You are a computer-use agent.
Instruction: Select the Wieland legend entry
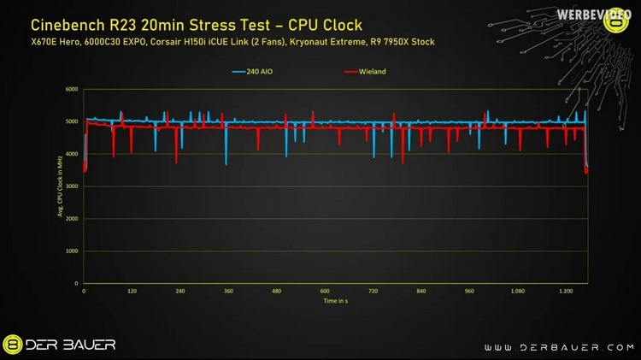(x=367, y=72)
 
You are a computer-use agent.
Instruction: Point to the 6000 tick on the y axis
(x=72, y=89)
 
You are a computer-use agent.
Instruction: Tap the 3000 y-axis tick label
(x=72, y=186)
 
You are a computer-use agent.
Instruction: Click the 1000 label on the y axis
(x=72, y=251)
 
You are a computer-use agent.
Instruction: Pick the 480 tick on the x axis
(x=276, y=292)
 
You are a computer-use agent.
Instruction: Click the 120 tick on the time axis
(x=132, y=292)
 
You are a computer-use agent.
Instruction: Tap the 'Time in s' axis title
(x=336, y=301)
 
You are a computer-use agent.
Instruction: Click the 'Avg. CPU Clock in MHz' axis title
(x=61, y=186)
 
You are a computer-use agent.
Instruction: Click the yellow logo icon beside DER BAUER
(x=14, y=345)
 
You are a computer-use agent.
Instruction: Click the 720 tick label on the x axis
(x=373, y=292)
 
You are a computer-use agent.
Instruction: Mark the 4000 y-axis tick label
(x=72, y=154)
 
